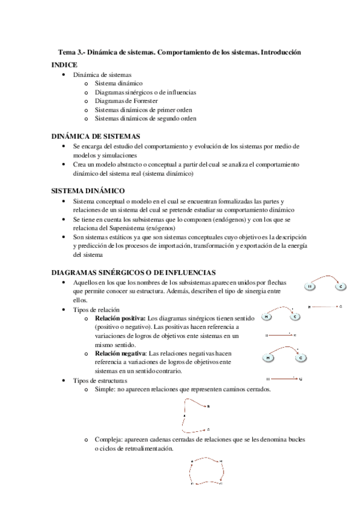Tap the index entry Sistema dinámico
coord(119,83)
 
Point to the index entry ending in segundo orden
coord(145,119)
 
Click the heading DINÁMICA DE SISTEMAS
coord(96,137)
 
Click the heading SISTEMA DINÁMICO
coord(88,191)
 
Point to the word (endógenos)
coord(214,220)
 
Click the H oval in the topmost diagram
coord(310,286)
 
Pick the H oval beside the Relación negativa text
coord(268,358)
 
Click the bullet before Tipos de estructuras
coord(64,381)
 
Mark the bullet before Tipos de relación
coord(64,309)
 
